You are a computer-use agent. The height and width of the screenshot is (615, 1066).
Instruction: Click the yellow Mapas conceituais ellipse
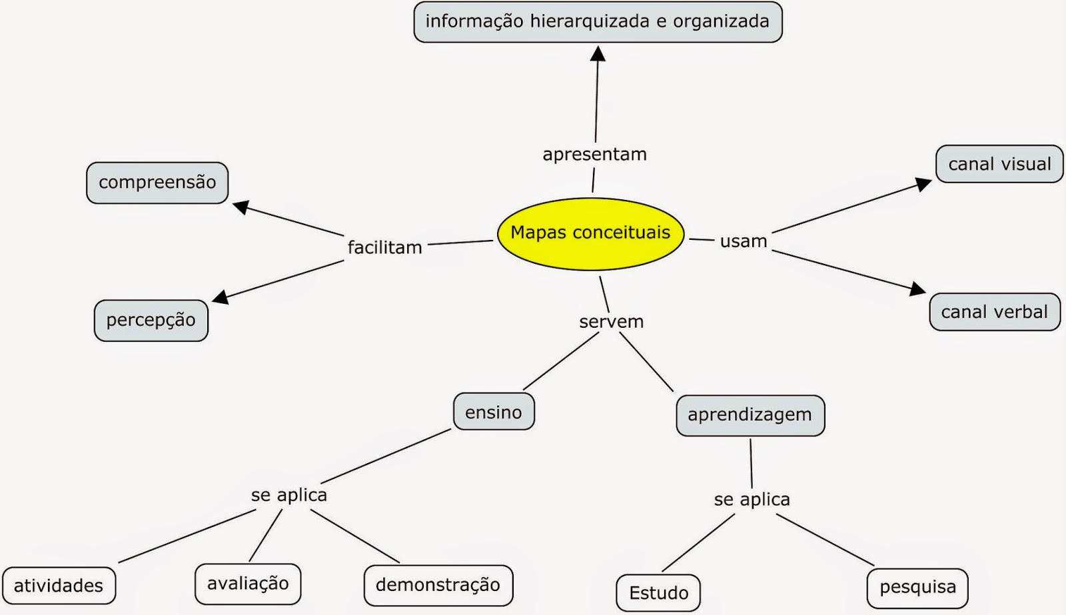(591, 233)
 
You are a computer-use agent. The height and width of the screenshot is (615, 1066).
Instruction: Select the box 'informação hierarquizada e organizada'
(598, 22)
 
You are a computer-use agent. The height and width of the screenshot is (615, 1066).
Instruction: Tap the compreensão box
(157, 183)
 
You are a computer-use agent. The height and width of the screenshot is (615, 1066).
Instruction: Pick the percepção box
(151, 320)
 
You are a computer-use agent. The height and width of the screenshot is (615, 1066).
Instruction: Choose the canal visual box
(999, 164)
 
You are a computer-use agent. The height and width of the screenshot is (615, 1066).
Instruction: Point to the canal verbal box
(994, 312)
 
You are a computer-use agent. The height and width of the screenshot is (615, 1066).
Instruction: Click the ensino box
(494, 412)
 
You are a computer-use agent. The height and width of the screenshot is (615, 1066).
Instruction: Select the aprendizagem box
(750, 415)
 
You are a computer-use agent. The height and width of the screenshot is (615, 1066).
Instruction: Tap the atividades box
(59, 586)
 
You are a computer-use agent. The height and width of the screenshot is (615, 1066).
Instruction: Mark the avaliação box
(248, 584)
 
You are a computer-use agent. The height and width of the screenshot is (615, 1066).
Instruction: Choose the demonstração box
(438, 585)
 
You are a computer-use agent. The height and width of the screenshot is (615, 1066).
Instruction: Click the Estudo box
(658, 592)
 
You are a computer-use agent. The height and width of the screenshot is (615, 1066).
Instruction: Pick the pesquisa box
(917, 588)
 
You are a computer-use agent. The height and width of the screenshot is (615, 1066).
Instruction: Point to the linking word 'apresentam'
(594, 155)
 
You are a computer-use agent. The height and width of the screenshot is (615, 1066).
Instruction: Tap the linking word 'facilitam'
(385, 248)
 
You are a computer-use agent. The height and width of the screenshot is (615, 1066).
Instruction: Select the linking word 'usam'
(744, 241)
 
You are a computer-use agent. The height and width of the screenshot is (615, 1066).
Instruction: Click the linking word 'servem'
(611, 322)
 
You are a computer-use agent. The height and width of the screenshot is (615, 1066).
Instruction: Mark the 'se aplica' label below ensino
(289, 495)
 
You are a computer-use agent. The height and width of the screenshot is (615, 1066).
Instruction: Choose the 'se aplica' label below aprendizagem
(752, 500)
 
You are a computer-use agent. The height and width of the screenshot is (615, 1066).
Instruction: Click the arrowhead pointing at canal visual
(923, 183)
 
